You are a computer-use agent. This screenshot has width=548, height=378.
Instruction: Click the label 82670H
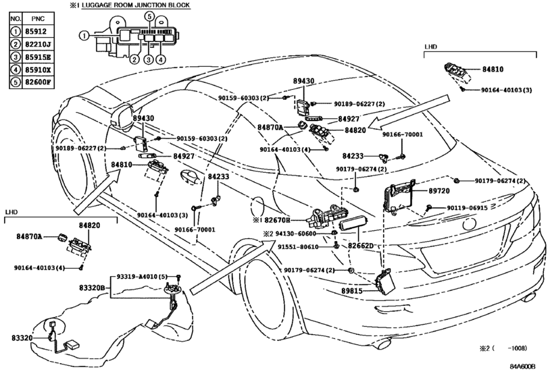click(x=276, y=220)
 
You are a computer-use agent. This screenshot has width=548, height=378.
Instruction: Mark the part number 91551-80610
click(x=297, y=248)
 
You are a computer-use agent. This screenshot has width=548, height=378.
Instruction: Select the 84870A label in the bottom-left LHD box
click(x=29, y=237)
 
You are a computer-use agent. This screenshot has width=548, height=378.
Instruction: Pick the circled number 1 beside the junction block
click(x=83, y=35)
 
